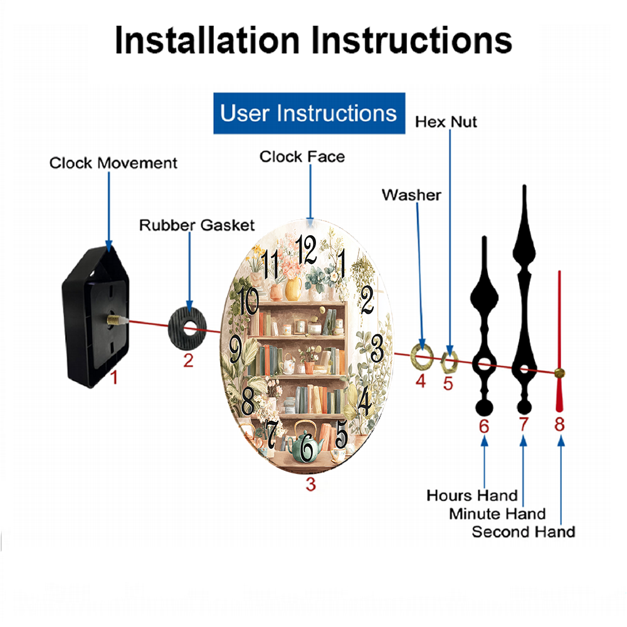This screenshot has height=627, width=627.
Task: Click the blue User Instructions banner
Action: pyautogui.click(x=309, y=113)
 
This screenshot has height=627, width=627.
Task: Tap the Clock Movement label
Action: pyautogui.click(x=113, y=163)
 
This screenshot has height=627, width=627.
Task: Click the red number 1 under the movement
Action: pyautogui.click(x=113, y=377)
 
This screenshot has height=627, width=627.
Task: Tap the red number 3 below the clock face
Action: pyautogui.click(x=311, y=484)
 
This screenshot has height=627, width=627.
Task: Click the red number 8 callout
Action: pyautogui.click(x=559, y=424)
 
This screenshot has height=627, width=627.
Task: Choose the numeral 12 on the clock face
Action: pyautogui.click(x=307, y=250)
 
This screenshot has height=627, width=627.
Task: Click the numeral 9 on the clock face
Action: pyautogui.click(x=236, y=347)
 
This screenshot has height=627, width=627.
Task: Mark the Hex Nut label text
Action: pyautogui.click(x=446, y=122)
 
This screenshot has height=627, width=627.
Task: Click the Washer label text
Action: pyautogui.click(x=411, y=195)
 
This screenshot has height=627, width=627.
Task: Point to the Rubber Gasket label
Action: pyautogui.click(x=197, y=225)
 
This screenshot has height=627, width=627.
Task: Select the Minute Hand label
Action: pyautogui.click(x=497, y=514)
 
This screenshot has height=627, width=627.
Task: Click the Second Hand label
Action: pyautogui.click(x=523, y=532)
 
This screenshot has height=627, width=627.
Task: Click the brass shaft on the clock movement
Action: pyautogui.click(x=114, y=320)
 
